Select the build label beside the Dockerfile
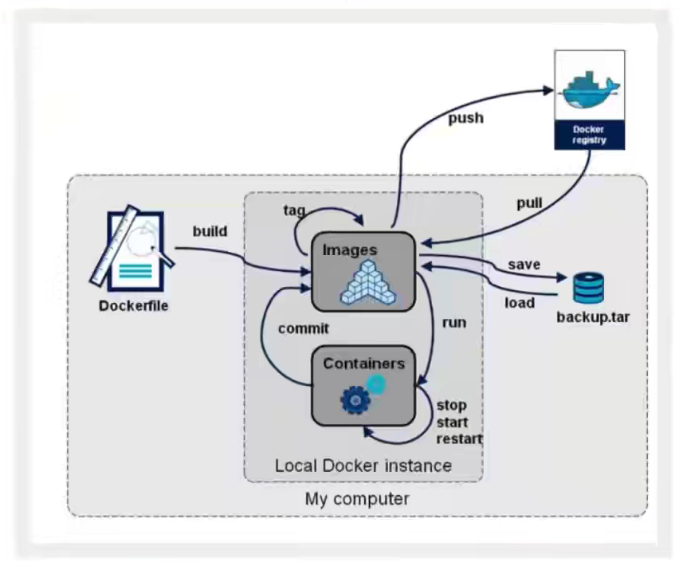click(x=210, y=231)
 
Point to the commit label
click(x=304, y=327)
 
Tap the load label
click(x=519, y=303)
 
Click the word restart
click(x=460, y=438)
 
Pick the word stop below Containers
click(x=452, y=406)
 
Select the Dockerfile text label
click(x=133, y=305)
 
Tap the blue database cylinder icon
click(x=588, y=288)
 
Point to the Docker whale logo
click(x=589, y=89)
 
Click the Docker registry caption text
click(x=589, y=133)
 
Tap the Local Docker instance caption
click(x=363, y=465)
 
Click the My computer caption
click(x=357, y=500)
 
